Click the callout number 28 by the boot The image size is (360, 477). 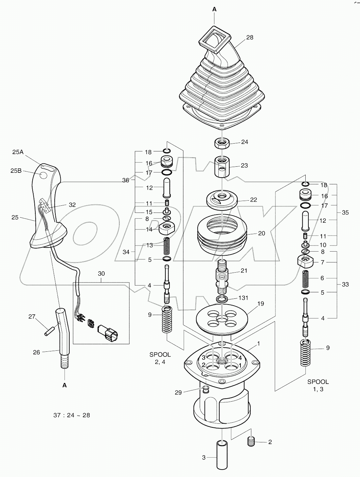pyautogui.click(x=250, y=37)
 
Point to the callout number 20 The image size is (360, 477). pyautogui.click(x=262, y=233)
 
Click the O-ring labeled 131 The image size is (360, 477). pyautogui.click(x=222, y=299)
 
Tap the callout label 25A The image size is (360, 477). pyautogui.click(x=18, y=152)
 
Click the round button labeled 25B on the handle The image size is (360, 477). pyautogui.click(x=43, y=176)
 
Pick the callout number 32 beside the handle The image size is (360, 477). pyautogui.click(x=72, y=205)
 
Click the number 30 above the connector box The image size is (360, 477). pyautogui.click(x=102, y=273)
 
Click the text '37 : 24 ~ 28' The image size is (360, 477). pyautogui.click(x=72, y=415)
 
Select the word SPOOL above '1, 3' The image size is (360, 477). pyautogui.click(x=318, y=382)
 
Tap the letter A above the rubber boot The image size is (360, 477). pyautogui.click(x=214, y=10)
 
